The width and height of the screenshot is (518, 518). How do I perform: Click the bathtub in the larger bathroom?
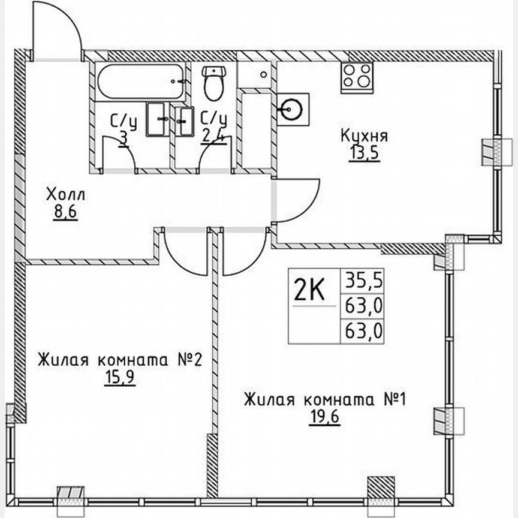140,82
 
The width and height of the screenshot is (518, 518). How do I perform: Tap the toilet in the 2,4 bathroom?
213,84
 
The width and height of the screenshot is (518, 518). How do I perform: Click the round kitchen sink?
292,109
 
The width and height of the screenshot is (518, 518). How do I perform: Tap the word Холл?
66,195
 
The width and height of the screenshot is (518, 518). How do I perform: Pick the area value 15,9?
119,380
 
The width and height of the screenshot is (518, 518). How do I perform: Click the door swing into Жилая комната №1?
243,252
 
